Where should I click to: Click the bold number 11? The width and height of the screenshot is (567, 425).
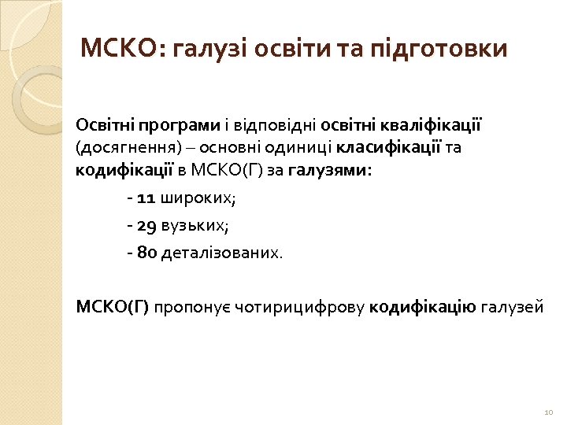coord(147,198)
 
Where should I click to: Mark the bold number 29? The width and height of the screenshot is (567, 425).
coord(147,227)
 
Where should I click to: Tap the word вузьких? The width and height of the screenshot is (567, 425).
coord(195,227)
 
